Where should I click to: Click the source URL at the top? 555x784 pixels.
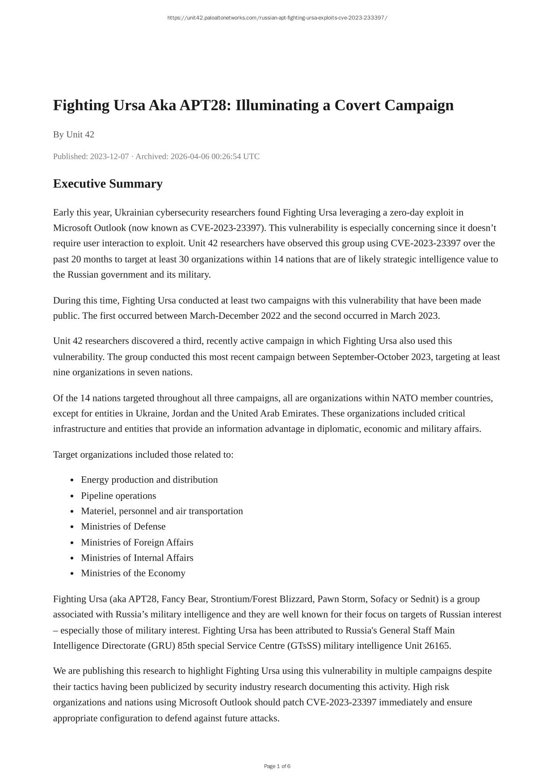coord(277,18)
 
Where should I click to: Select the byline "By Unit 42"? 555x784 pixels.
coord(74,134)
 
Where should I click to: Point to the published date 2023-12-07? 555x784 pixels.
coord(109,156)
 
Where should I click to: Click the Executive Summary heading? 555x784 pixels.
coord(108,183)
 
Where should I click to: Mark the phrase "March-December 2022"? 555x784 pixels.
coord(235,316)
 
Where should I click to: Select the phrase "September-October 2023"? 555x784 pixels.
coord(382,357)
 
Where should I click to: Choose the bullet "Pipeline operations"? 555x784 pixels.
coord(118,496)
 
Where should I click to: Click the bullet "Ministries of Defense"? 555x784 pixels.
coord(123,526)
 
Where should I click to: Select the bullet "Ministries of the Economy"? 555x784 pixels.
coord(133,573)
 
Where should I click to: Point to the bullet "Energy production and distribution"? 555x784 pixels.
coord(149,480)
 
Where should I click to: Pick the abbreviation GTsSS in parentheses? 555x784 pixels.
coord(304,646)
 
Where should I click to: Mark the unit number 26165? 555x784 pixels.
coord(437,646)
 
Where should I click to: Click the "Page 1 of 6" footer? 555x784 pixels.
coord(277,766)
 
